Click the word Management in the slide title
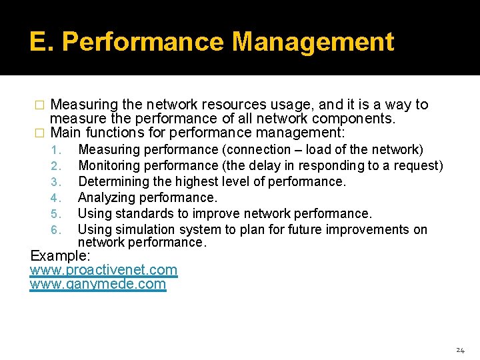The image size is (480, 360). point(313,42)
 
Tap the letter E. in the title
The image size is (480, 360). point(42,42)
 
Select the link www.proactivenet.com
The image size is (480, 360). point(103,270)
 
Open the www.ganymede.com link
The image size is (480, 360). point(98,284)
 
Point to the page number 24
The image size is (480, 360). point(460,350)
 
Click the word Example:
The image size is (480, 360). point(61,256)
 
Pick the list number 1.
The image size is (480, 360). point(56,150)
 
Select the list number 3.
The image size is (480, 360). point(56,182)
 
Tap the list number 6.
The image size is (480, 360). point(56,230)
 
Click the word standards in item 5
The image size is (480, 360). point(140,213)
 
